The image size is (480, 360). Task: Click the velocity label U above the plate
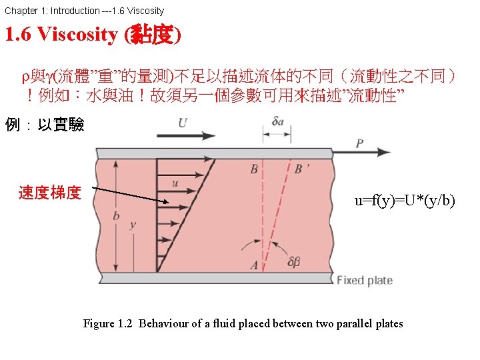pos(183,123)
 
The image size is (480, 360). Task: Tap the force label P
pos(359,143)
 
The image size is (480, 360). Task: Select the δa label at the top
pos(278,121)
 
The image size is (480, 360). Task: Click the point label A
pos(254,265)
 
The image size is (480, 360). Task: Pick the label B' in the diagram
pos(301,169)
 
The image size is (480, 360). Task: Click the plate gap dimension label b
pos(116,215)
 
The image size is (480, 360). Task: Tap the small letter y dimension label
pos(133,225)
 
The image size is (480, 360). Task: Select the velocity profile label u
pos(175,181)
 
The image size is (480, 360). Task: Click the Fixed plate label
pos(364,280)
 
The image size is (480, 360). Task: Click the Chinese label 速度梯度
pos(50,193)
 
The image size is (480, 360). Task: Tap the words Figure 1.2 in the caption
pos(107,324)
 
